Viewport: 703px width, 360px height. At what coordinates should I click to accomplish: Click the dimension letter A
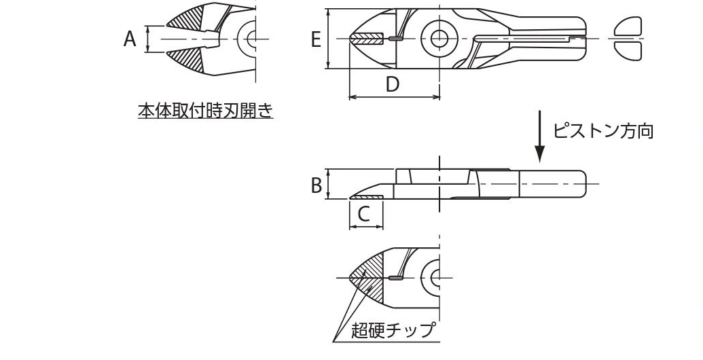coord(130,39)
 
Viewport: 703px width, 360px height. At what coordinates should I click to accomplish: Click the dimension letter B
coord(317,185)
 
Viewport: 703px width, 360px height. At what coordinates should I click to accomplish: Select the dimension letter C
coord(363,214)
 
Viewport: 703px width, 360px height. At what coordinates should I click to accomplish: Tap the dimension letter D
coord(392,84)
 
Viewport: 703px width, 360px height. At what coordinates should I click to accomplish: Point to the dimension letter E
coord(316,40)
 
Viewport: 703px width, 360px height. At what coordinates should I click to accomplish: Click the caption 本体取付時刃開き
coord(205,110)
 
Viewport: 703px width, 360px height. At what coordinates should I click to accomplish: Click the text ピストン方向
coord(603,131)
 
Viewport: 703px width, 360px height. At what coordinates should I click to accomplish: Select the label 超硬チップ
coord(392,331)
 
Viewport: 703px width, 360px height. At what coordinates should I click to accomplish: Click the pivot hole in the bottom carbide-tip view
coord(433,277)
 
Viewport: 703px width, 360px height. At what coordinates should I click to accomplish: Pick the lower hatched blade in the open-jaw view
coord(187,60)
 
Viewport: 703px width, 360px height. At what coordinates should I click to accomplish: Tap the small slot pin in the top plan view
coord(395,39)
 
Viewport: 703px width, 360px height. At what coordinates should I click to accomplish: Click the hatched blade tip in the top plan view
coord(367,38)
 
